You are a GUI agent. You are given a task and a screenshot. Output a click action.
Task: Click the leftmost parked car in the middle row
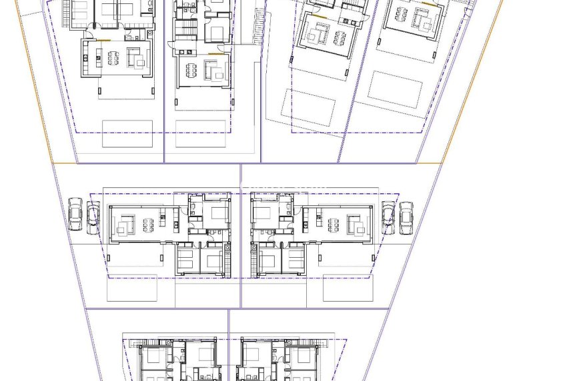(75, 214)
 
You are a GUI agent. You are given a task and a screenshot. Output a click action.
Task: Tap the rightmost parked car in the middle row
(406, 218)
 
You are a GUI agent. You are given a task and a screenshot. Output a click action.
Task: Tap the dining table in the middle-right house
(333, 225)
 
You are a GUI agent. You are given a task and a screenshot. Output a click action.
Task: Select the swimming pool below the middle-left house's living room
(132, 288)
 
